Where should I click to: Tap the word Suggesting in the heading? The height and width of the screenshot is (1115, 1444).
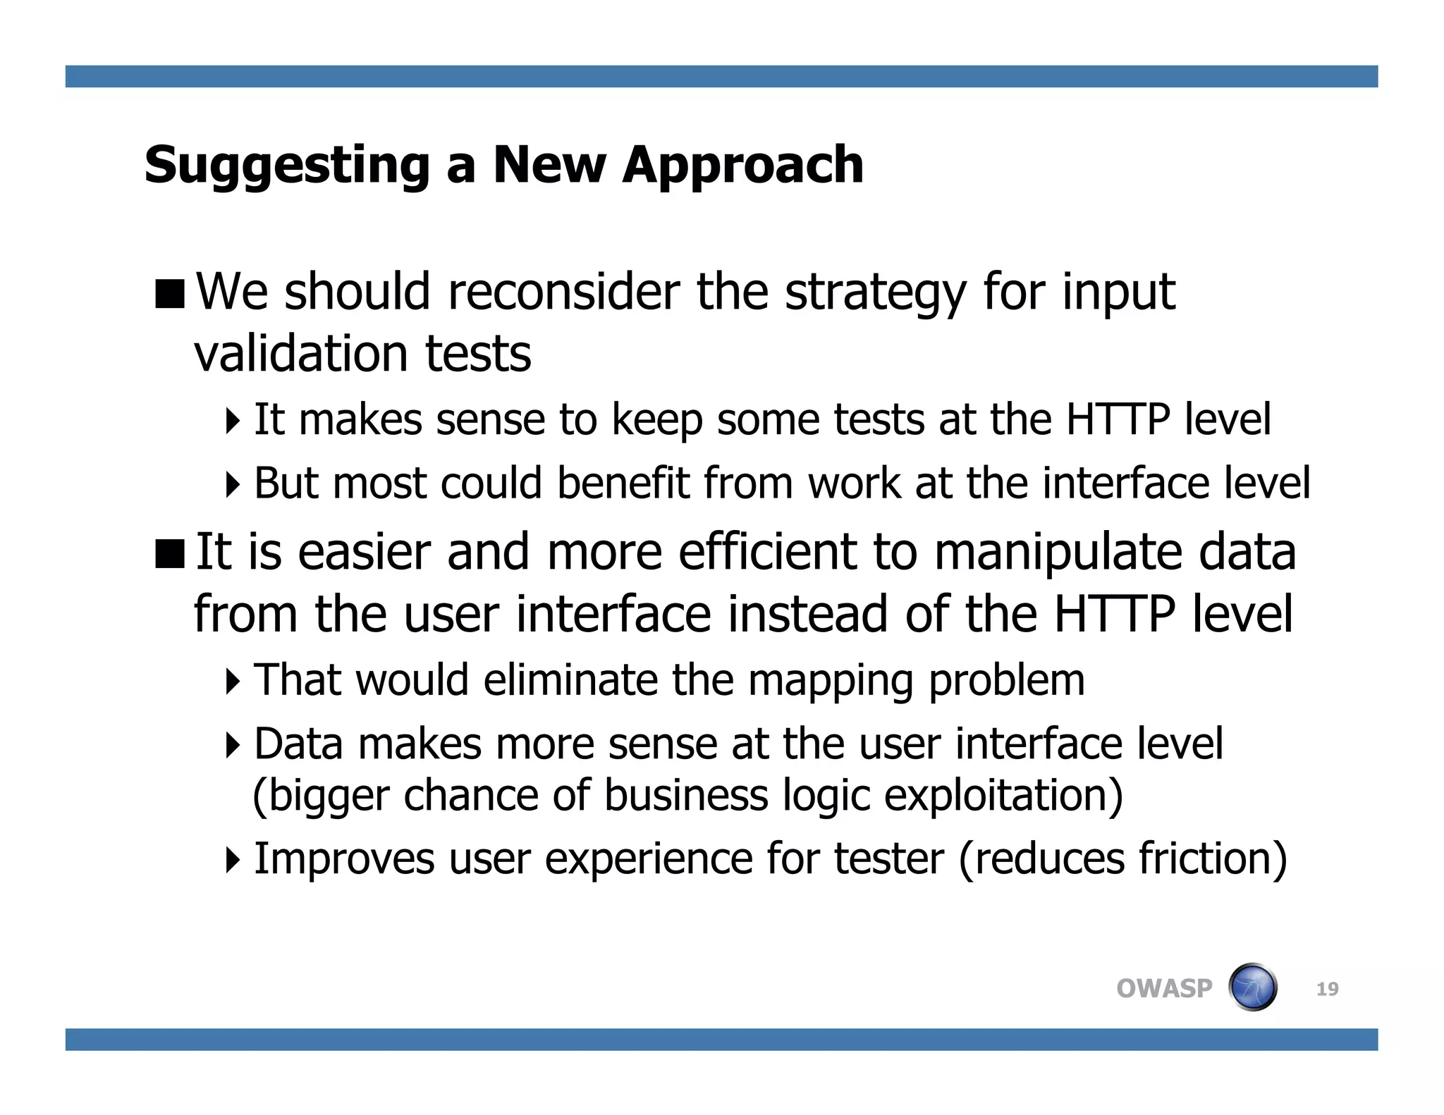click(x=286, y=166)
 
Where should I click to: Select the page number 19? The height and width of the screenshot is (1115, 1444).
click(x=1327, y=989)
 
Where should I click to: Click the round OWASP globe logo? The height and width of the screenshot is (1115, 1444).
click(x=1252, y=987)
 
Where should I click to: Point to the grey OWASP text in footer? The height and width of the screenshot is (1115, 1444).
click(x=1164, y=989)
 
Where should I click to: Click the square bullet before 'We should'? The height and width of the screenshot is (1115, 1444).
click(x=169, y=294)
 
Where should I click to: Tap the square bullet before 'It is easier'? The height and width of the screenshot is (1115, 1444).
click(x=169, y=553)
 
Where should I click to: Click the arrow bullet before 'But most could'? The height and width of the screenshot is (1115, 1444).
click(x=233, y=484)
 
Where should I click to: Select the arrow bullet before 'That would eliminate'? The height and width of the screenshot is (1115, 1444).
click(x=233, y=681)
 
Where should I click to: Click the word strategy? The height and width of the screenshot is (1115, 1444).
click(x=875, y=293)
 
